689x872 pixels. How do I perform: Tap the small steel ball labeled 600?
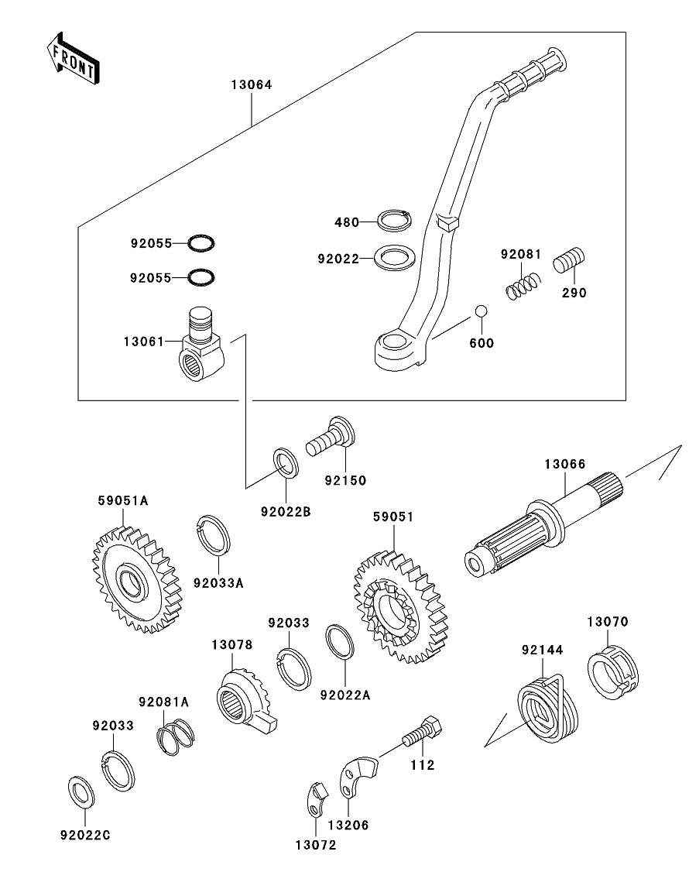481,311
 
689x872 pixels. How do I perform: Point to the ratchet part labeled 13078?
243,699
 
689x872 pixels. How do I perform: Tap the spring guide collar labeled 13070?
612,668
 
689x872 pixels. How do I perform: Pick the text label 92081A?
164,702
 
